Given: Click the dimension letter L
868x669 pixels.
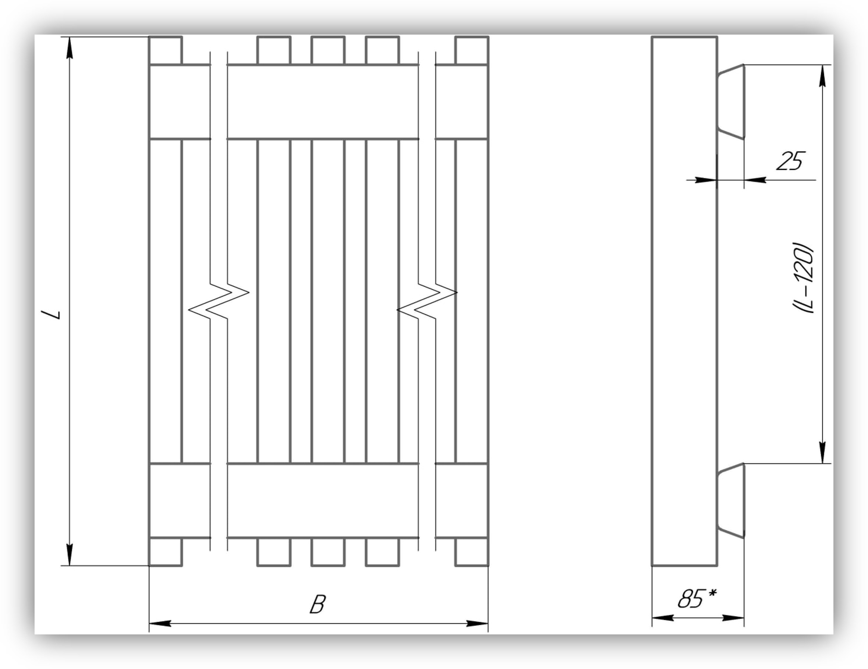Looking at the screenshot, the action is pos(52,314).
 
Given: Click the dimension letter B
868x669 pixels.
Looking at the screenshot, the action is pos(318,605).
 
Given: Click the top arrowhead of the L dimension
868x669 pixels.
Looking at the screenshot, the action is pos(70,48).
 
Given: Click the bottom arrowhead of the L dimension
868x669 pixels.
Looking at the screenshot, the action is pos(70,554).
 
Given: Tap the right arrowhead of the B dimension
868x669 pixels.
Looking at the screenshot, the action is pos(477,623).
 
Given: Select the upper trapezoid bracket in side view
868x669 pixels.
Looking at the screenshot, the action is pos(730,101).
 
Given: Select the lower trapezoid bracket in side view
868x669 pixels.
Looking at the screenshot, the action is pos(730,500).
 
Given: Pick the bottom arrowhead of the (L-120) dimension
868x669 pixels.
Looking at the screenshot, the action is pos(823,452).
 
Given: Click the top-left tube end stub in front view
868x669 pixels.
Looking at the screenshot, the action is pos(165,50).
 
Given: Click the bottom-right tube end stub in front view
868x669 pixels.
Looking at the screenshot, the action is pos(472,552).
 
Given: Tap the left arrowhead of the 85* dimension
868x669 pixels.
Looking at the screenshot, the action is pos(663,618).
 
